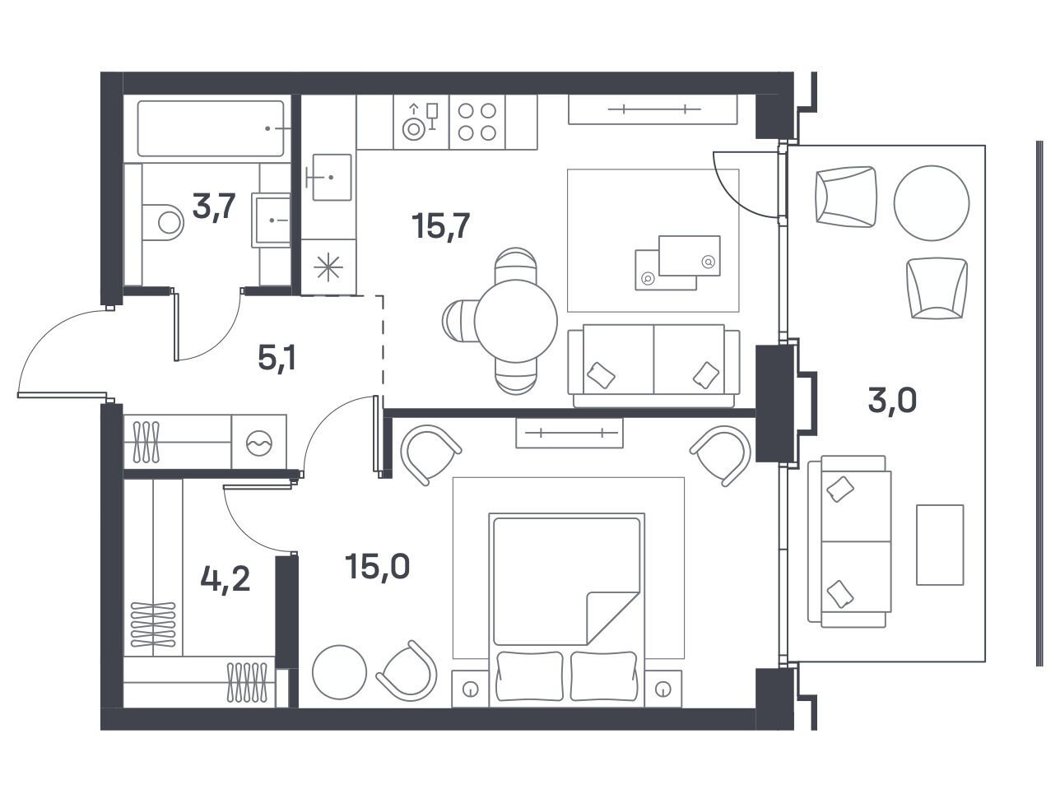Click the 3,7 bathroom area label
click(213, 206)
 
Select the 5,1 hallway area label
click(277, 358)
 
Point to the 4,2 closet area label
click(225, 579)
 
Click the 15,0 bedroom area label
click(377, 567)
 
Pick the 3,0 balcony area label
click(892, 401)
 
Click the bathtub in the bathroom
click(211, 128)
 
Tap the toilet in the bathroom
click(163, 222)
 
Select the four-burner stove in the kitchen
click(477, 122)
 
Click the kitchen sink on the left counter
click(332, 177)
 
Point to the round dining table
click(516, 321)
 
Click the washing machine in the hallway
click(259, 442)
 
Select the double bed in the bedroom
click(567, 610)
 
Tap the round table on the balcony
click(932, 203)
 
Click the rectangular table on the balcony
click(940, 545)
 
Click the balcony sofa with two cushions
click(849, 541)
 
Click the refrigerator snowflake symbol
click(328, 267)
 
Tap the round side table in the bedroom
click(340, 672)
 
